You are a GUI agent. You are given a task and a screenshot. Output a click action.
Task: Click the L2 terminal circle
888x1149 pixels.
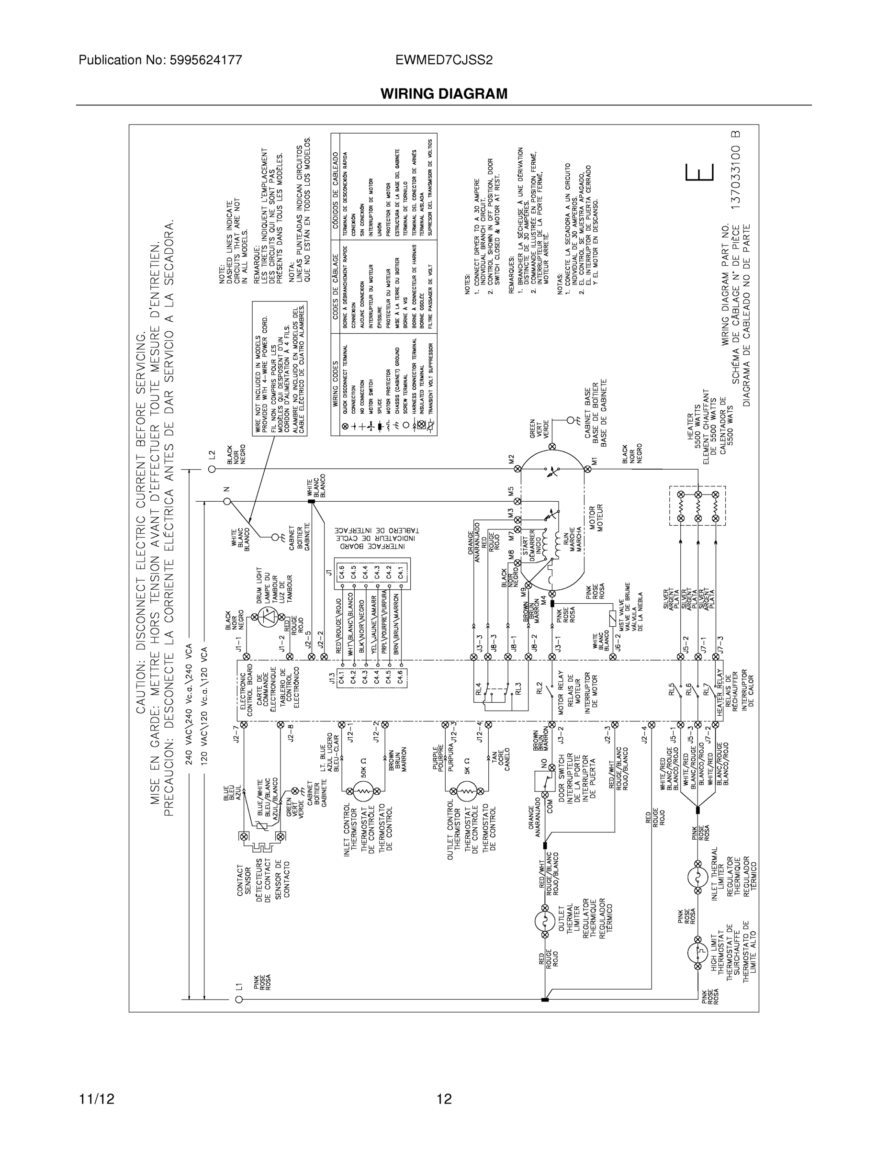click(212, 469)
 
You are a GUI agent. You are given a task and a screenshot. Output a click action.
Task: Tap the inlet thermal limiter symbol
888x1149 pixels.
click(697, 877)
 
